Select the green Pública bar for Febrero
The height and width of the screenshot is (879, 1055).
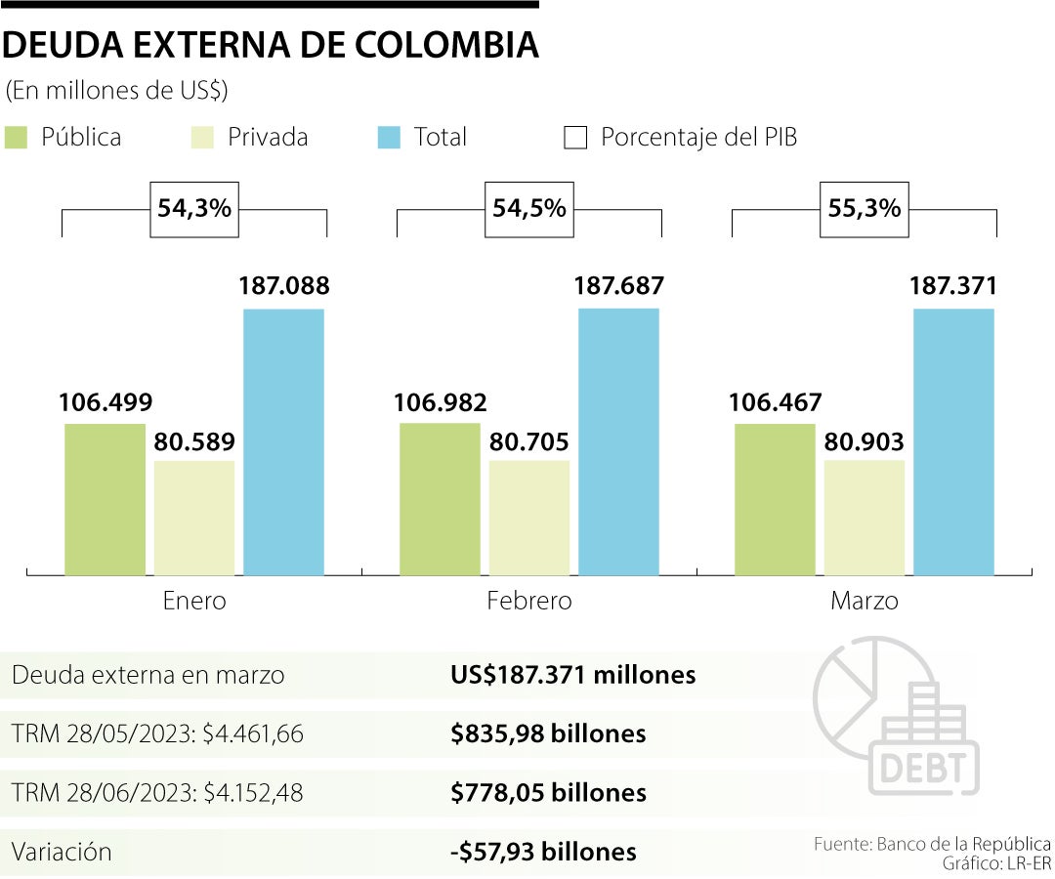tap(440, 498)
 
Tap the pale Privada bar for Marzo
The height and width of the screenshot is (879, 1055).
tap(864, 517)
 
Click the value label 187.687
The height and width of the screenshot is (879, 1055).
tap(618, 286)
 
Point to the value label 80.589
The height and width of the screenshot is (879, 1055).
tap(194, 440)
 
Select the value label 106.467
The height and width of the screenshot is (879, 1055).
tap(775, 402)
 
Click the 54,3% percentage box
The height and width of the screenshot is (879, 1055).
tap(193, 208)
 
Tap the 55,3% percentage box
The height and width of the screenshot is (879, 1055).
tap(864, 208)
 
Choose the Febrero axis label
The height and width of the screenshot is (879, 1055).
tap(528, 601)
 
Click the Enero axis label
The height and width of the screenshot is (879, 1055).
tap(193, 601)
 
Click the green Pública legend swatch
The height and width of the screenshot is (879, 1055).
tap(18, 138)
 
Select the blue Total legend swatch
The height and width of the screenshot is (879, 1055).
tap(389, 138)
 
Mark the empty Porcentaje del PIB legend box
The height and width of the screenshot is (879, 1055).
tap(575, 138)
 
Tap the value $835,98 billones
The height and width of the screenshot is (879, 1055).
tap(548, 733)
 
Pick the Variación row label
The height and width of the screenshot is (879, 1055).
tap(62, 851)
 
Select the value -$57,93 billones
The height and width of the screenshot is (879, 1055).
tap(543, 851)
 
